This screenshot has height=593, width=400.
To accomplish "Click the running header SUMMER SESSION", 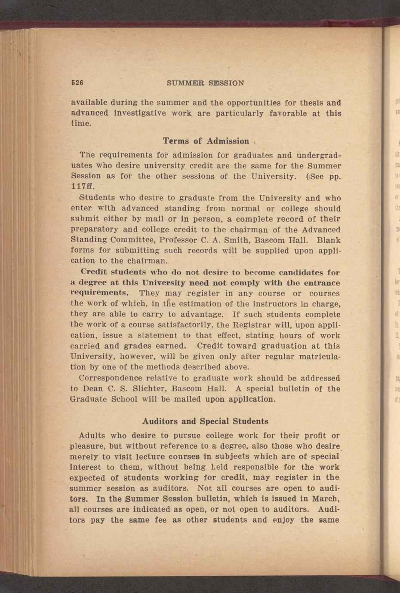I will coord(205,83).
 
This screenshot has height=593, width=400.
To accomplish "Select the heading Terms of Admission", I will coord(206,141).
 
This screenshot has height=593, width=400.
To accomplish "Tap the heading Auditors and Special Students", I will coord(205,421).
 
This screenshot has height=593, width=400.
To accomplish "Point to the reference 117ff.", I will coord(82,187).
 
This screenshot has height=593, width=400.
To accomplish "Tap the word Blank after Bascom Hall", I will coord(329,240).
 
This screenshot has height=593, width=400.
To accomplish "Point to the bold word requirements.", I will coord(98,293).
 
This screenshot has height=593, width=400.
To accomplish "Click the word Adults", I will coord(92,436).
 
